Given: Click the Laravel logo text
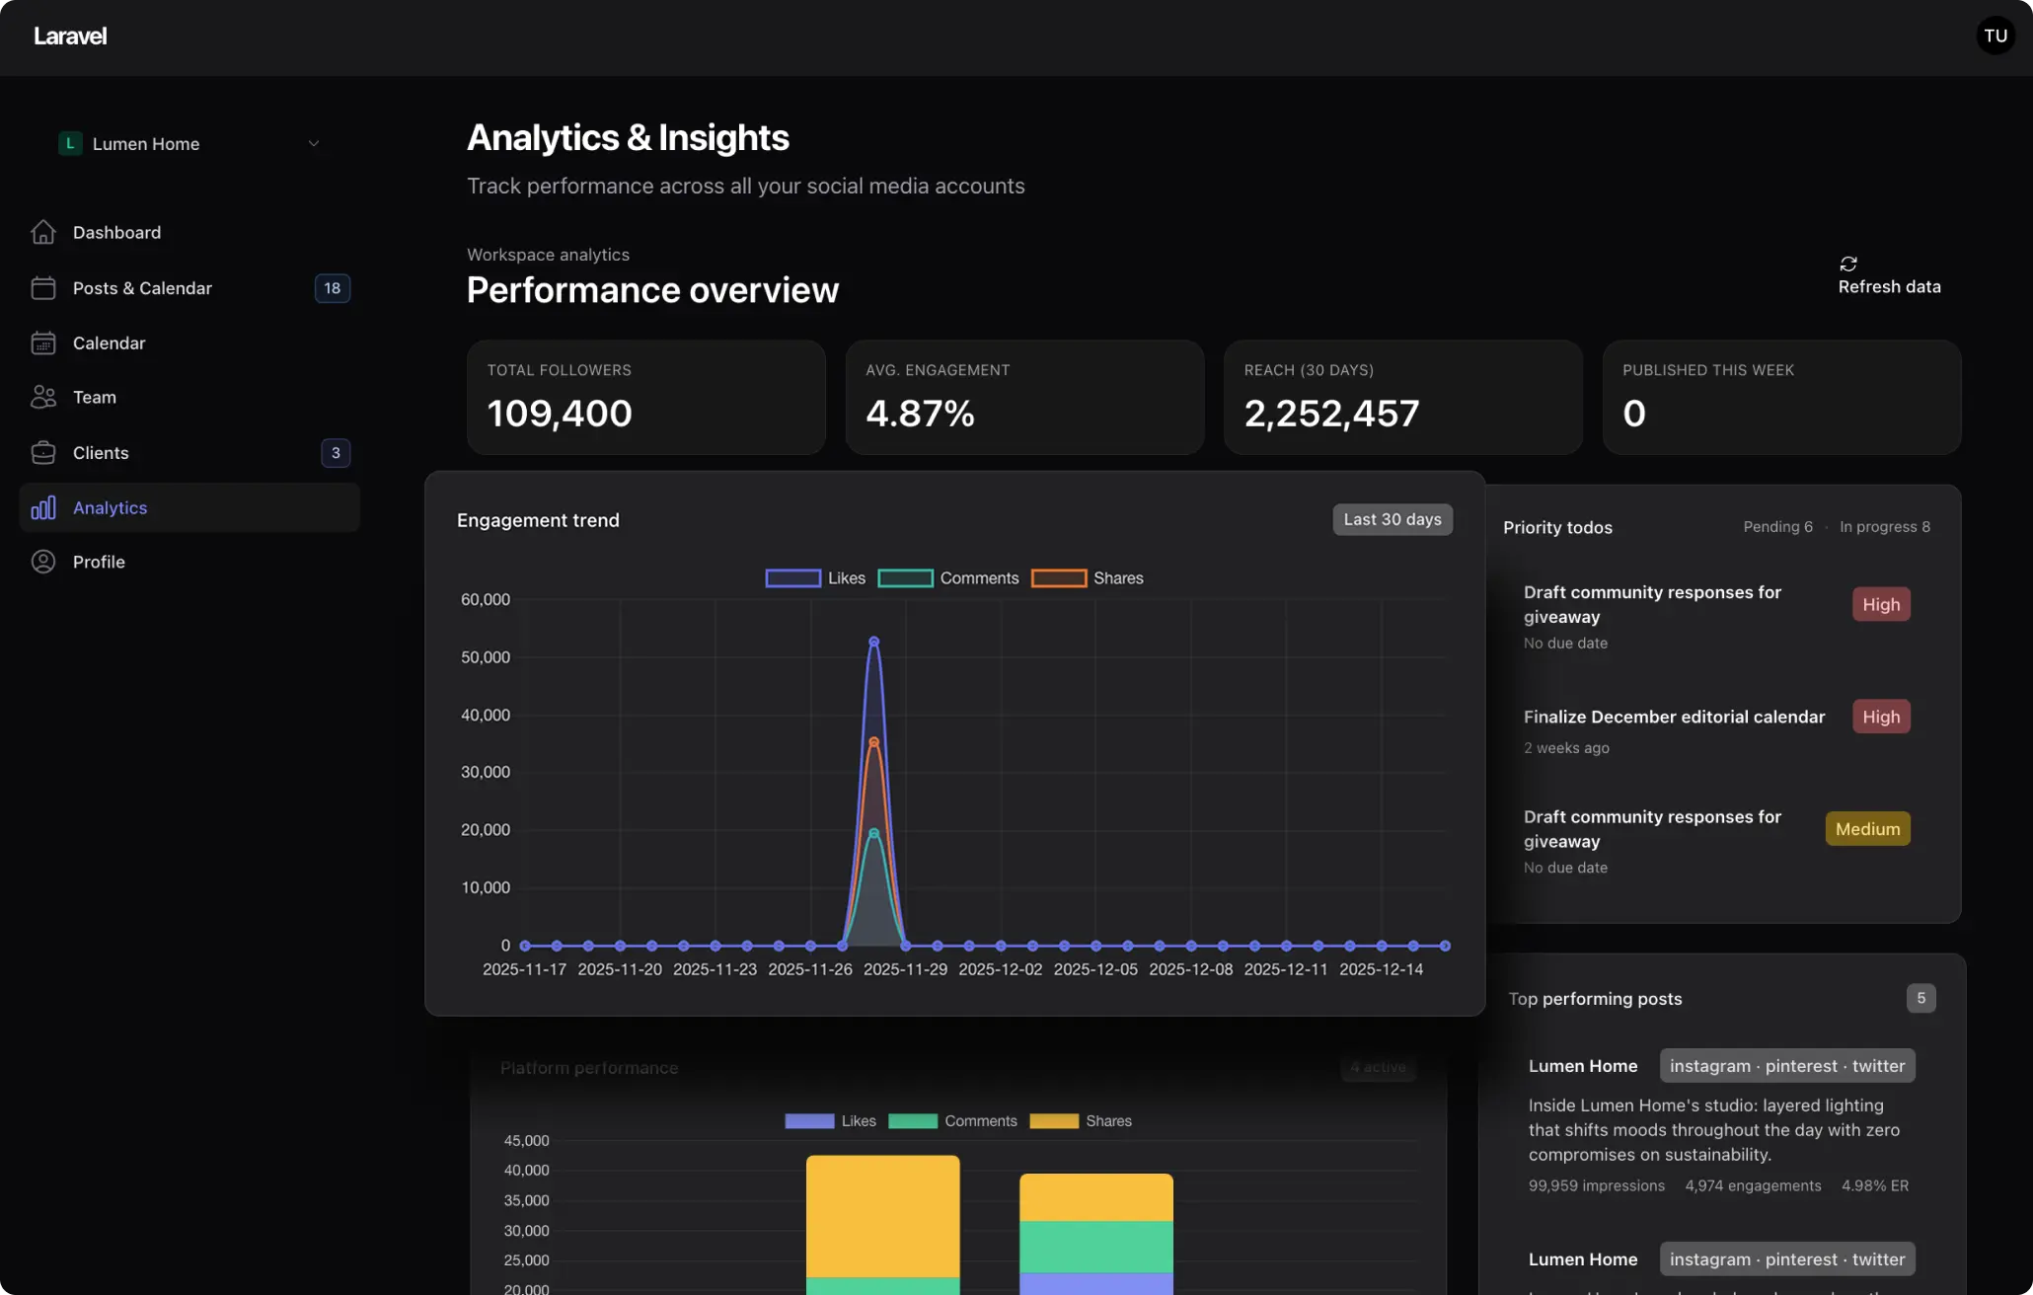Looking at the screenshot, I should pyautogui.click(x=70, y=37).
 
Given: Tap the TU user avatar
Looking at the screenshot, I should pyautogui.click(x=1995, y=37).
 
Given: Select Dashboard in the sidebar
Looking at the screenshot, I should pyautogui.click(x=116, y=233).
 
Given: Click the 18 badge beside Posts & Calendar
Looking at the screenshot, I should pyautogui.click(x=332, y=288).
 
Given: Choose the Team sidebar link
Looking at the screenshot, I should pyautogui.click(x=95, y=398).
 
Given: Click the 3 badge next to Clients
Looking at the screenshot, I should pyautogui.click(x=336, y=453).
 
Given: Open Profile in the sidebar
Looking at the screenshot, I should pyautogui.click(x=99, y=563).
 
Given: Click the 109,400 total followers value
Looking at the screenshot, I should pyautogui.click(x=560, y=414).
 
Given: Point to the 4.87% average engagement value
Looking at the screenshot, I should pyautogui.click(x=920, y=414).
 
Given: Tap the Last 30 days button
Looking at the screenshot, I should pyautogui.click(x=1392, y=520).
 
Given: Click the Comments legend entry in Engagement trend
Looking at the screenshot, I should pyautogui.click(x=948, y=578).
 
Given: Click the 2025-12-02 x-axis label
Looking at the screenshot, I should pyautogui.click(x=1000, y=970).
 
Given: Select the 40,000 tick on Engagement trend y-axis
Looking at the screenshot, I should pyautogui.click(x=486, y=716).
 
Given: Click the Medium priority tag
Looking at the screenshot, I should pyautogui.click(x=1867, y=829).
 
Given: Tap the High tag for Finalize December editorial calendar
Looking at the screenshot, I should pyautogui.click(x=1880, y=718).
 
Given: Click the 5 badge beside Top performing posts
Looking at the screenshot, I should pyautogui.click(x=1920, y=999).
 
